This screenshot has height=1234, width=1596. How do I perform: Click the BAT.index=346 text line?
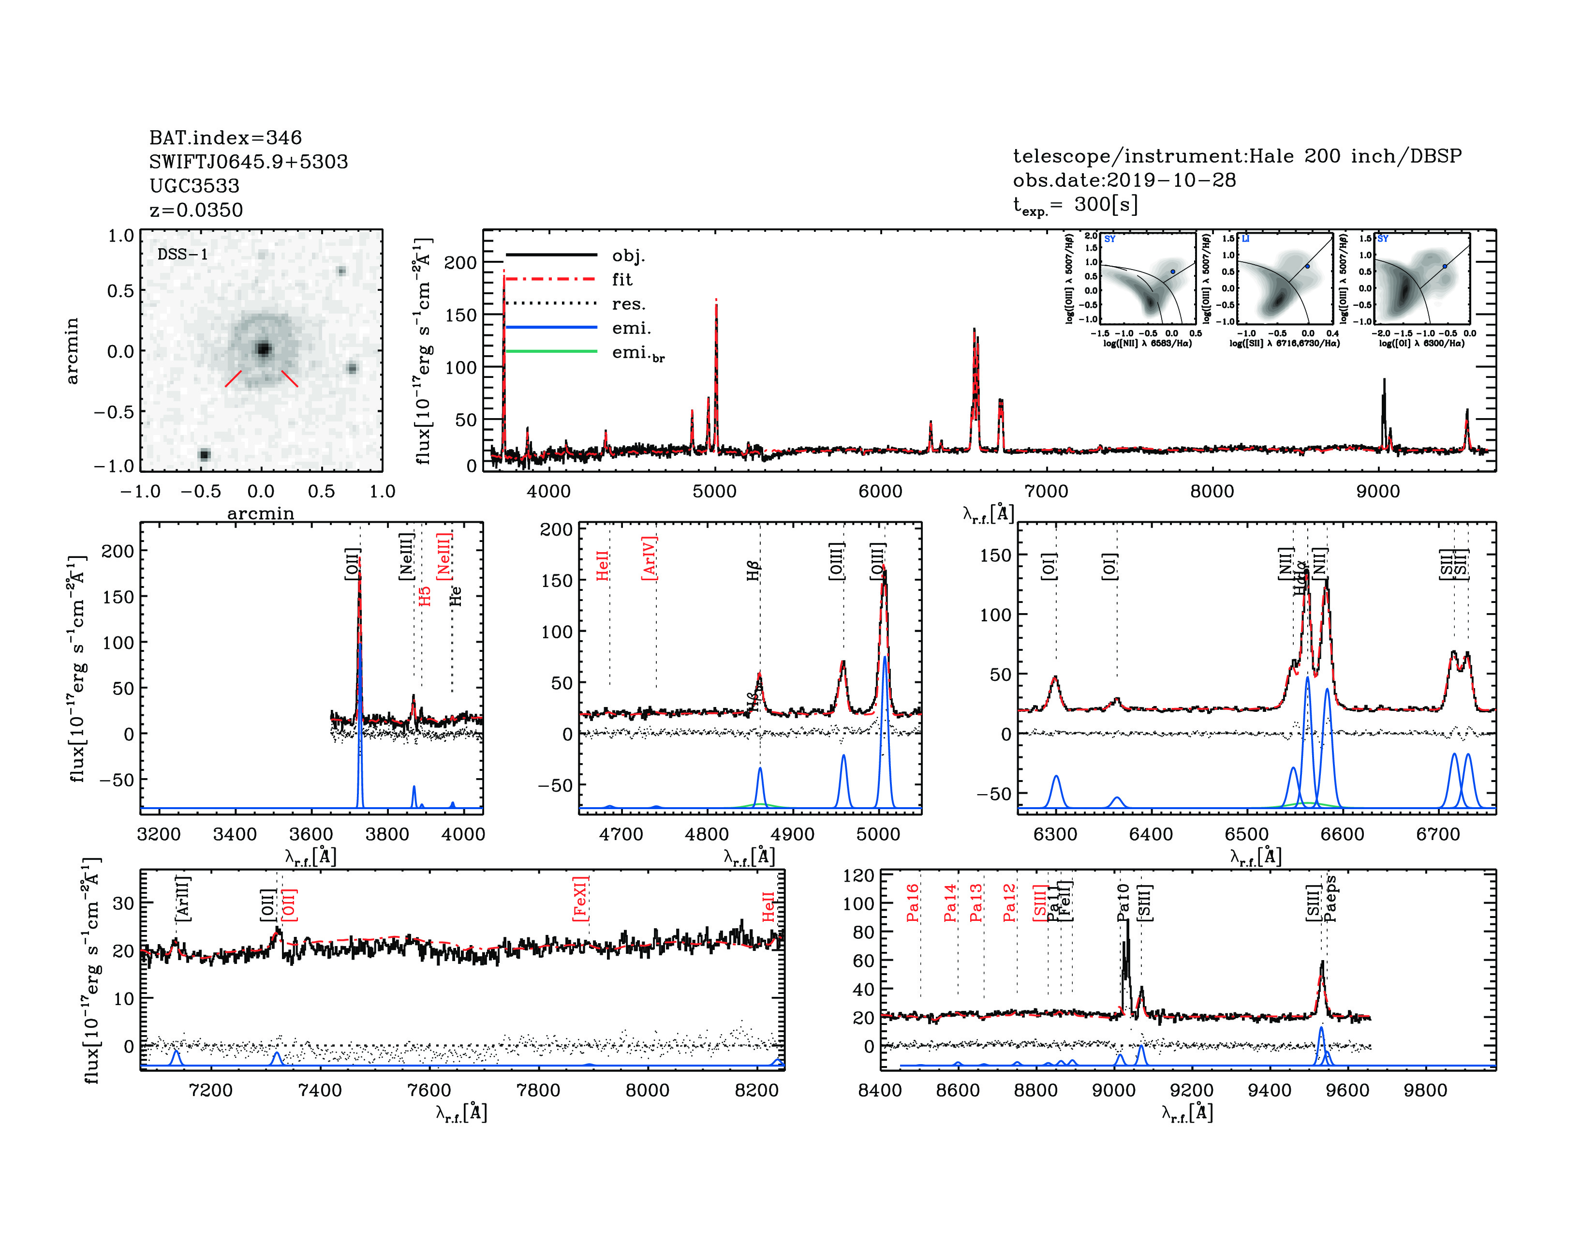coord(225,137)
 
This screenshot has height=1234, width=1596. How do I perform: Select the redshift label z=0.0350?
coord(196,210)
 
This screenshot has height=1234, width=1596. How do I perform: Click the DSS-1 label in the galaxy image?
coord(183,255)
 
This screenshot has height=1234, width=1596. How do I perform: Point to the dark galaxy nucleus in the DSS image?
coord(263,349)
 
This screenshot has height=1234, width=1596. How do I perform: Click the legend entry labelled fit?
coord(622,279)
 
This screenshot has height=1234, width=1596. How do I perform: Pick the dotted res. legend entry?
coord(628,304)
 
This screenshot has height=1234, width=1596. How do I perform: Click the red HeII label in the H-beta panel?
coord(602,566)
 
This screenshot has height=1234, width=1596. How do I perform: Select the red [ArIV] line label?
coord(649,558)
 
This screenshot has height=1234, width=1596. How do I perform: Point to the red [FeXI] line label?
coord(580,899)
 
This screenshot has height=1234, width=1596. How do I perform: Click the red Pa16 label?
coord(912,903)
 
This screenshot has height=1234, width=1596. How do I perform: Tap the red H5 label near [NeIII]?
coord(425,596)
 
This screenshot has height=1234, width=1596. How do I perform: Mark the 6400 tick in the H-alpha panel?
coord(1151,834)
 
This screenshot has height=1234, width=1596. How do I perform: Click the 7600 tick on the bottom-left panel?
coord(429,1090)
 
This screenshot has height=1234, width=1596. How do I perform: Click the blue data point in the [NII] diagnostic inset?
coord(1173,271)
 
